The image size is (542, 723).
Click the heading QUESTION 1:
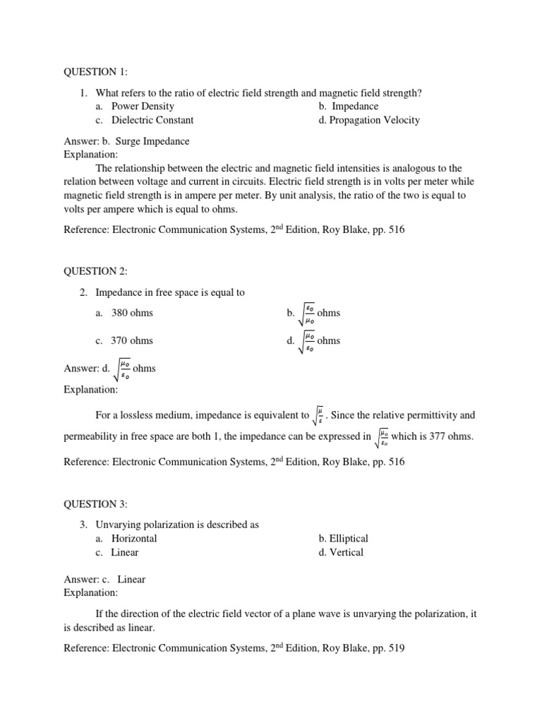pos(92,71)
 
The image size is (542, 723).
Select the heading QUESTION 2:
pos(92,271)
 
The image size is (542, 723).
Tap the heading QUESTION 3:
pos(92,504)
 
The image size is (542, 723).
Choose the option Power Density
pos(143,107)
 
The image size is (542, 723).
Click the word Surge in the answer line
pos(120,141)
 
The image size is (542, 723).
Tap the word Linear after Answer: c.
pos(132,580)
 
